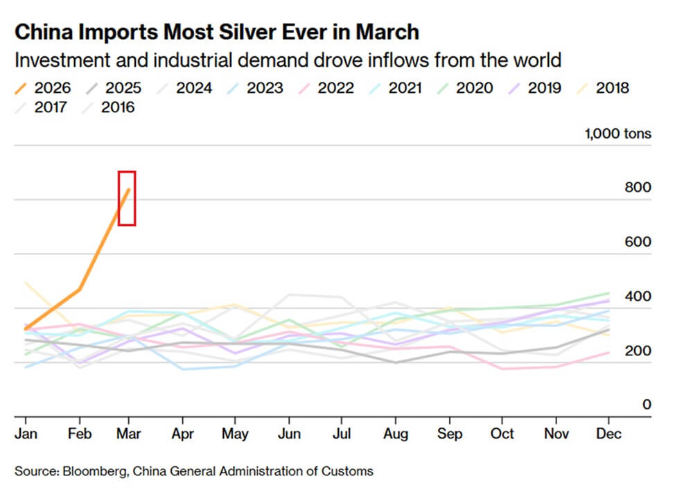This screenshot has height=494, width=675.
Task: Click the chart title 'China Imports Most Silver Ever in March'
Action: (216, 33)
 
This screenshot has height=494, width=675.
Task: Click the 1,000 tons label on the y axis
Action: (618, 134)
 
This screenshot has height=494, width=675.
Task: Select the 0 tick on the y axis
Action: (647, 405)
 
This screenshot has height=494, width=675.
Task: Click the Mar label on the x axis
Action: (130, 434)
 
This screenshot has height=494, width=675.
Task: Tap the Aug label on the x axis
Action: (395, 434)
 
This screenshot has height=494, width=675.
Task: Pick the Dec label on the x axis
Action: (608, 434)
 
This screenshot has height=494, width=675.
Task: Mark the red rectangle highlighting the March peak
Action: (126, 198)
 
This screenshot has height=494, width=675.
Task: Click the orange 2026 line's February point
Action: (80, 289)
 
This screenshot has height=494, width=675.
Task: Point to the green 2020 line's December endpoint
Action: (608, 293)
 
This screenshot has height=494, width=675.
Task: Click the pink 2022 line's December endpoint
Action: (608, 353)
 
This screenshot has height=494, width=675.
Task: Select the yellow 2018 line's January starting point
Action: (26, 283)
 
